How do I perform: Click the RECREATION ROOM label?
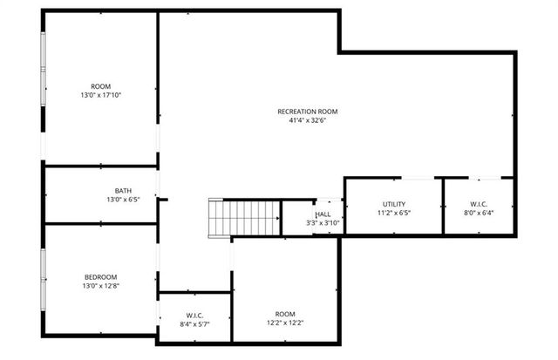[307, 111]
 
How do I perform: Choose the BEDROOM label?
[100, 277]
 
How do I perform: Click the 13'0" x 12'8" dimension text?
[100, 286]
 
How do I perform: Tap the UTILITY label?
[394, 204]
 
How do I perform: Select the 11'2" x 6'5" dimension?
[394, 213]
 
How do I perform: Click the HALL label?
[323, 214]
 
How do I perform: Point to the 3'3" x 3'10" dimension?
[322, 223]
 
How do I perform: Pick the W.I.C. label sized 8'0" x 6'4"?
[478, 204]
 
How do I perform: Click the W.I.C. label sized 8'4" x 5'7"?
[194, 315]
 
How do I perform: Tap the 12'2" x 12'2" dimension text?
[285, 323]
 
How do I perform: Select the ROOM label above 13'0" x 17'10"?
[100, 86]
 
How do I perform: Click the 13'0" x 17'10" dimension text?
[100, 95]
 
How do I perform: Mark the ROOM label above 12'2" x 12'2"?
[285, 314]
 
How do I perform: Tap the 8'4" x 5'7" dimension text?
[194, 323]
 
